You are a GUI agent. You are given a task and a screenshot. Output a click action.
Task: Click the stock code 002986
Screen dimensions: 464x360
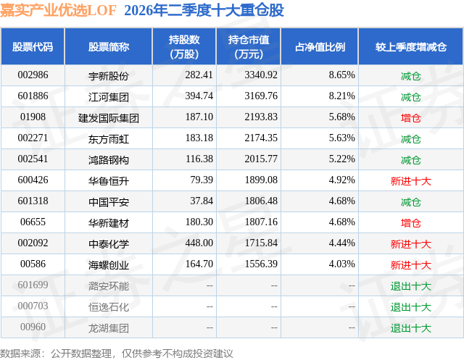[x=33, y=75]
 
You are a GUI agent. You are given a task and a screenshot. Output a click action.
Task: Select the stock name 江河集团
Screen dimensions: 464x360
[x=109, y=96]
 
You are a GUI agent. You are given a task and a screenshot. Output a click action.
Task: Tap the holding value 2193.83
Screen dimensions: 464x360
[x=261, y=117]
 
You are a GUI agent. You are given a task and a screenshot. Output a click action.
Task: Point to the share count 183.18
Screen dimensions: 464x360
[x=199, y=138]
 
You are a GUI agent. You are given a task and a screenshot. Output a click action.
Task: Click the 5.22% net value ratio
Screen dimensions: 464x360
[x=341, y=159]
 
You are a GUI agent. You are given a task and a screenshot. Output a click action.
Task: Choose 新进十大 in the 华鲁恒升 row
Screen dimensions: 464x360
[x=411, y=181]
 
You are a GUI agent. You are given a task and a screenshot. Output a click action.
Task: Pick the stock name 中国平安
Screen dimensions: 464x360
[x=109, y=201]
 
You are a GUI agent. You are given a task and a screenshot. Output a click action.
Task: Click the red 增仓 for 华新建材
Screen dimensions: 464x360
[x=411, y=223]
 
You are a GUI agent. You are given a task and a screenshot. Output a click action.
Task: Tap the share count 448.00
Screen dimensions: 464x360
[x=199, y=243]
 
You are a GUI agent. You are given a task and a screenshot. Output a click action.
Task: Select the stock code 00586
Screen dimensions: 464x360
[x=33, y=264]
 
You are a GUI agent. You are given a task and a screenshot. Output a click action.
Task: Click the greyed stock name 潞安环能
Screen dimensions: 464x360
[x=109, y=286]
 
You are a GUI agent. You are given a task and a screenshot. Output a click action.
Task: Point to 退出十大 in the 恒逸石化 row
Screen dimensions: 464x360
[x=411, y=307]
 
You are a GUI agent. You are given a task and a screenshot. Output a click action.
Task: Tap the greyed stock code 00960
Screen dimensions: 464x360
[x=33, y=327]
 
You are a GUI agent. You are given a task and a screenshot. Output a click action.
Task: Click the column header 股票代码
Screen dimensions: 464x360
[x=33, y=46]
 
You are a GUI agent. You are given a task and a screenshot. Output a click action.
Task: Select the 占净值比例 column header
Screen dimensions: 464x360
[x=320, y=46]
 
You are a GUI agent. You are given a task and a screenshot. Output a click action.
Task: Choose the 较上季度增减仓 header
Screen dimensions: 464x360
[x=411, y=46]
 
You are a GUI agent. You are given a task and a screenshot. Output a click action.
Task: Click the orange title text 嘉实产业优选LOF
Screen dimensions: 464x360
[x=58, y=11]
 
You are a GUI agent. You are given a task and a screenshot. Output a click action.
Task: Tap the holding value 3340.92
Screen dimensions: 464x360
[x=261, y=75]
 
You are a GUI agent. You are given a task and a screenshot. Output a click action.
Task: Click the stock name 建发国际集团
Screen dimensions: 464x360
[x=109, y=118]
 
